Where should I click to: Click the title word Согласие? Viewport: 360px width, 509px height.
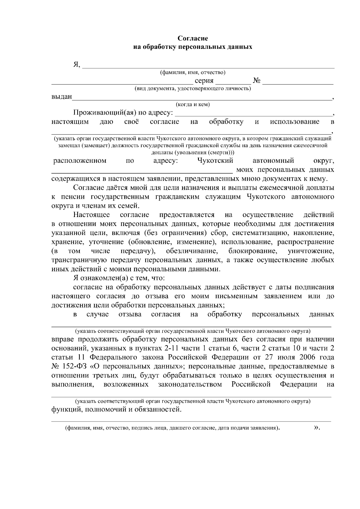[193, 38]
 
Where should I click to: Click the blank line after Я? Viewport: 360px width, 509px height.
[208, 66]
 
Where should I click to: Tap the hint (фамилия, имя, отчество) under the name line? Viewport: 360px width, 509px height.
[193, 73]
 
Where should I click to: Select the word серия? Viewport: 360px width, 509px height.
[204, 81]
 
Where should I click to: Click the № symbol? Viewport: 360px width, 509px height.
[256, 81]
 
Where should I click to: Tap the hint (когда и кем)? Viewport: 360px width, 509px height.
[193, 104]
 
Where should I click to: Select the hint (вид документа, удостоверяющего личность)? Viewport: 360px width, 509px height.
[193, 89]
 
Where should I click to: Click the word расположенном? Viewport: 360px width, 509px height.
[80, 161]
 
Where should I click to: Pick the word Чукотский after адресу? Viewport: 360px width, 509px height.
[215, 161]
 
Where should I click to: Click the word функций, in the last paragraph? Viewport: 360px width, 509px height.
[66, 409]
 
